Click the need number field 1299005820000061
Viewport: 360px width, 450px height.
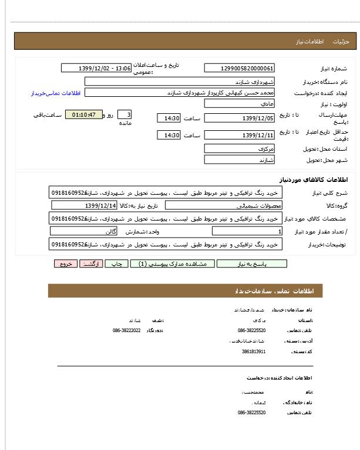(239, 68)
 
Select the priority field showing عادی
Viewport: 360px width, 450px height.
(239, 103)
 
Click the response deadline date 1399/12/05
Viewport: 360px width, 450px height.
(239, 119)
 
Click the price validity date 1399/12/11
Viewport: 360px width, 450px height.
(239, 136)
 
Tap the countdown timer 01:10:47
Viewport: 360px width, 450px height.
(83, 114)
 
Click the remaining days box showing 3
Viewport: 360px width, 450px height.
(125, 114)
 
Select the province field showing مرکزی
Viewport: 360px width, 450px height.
(239, 148)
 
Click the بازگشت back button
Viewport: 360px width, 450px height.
(91, 264)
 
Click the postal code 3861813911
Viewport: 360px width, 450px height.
(254, 351)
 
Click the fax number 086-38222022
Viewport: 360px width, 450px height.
(126, 330)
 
